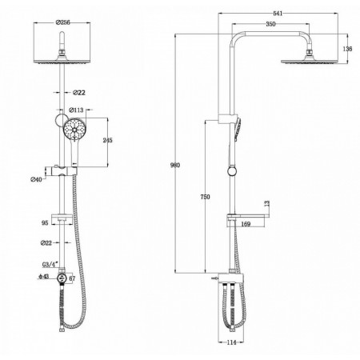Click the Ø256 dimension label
point(62,22)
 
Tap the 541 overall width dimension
point(278,14)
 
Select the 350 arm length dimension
point(270,24)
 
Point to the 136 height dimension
point(347,49)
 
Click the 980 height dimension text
point(175,165)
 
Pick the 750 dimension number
point(205,197)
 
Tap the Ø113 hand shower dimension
point(76,110)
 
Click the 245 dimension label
point(107,140)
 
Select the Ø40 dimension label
point(36,179)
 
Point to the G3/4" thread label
point(50,264)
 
